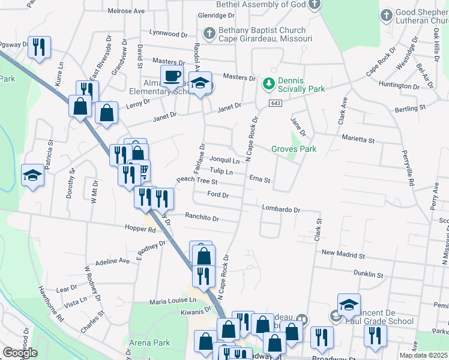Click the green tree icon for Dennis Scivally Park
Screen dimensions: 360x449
point(270,82)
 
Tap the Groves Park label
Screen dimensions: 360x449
point(294,149)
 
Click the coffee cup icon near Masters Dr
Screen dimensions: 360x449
point(172,76)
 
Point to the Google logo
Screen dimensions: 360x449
point(20,353)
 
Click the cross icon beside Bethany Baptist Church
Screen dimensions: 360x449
point(209,34)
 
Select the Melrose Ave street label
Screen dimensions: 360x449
point(126,11)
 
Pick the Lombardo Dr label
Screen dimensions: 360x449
point(280,209)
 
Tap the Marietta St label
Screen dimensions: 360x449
point(358,140)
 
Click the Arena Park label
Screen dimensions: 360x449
point(149,343)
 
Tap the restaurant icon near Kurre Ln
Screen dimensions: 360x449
point(39,47)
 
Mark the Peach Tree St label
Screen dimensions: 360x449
point(196,181)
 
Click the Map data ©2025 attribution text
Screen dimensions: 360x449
point(424,355)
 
